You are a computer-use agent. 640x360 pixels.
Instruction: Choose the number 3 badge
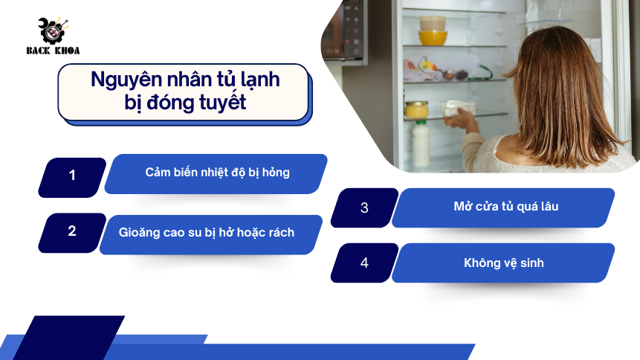364,208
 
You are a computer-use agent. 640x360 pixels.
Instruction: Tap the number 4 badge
364,263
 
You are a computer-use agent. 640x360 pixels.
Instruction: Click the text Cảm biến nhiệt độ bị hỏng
217,173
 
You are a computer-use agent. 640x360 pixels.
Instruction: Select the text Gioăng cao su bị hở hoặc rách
207,233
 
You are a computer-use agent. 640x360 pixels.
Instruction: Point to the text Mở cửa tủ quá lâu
506,206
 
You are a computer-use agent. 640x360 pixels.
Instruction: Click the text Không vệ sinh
504,263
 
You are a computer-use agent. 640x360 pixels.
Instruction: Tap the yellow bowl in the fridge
433,38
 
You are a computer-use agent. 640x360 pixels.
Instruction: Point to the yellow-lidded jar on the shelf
417,110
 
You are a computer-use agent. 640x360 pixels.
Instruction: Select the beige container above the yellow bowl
433,23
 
